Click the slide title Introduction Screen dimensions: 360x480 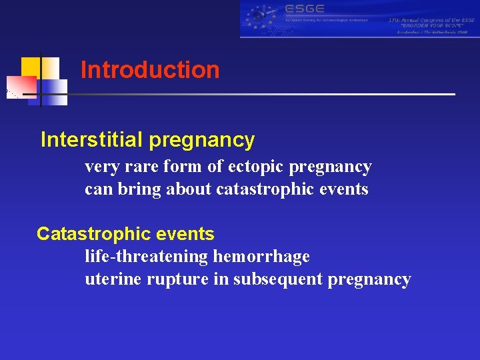(x=149, y=70)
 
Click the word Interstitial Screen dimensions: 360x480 (x=92, y=139)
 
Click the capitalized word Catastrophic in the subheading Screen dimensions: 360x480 (x=83, y=234)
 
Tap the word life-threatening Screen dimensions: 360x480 (x=146, y=256)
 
